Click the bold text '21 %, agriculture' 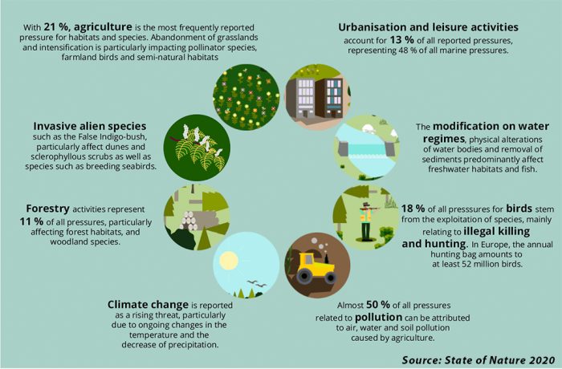point(88,26)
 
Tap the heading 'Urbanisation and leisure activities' point(428,27)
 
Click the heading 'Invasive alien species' point(90,126)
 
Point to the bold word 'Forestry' point(47,209)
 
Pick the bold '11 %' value point(31,221)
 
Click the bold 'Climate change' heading point(148,305)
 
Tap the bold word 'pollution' point(378,318)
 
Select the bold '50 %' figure point(378,305)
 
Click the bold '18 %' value point(413,209)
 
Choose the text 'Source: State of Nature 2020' point(479,359)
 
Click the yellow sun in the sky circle point(229,261)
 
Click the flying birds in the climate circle point(256,284)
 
